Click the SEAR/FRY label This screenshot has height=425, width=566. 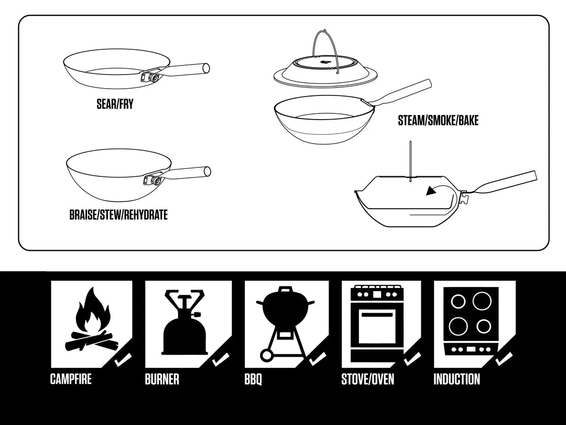coord(115,104)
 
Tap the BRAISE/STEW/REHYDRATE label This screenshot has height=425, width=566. coord(118,215)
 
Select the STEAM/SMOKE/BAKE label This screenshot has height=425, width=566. coord(438,121)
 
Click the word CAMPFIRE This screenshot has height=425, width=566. coord(71,379)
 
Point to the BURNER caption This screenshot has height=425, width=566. coord(162,379)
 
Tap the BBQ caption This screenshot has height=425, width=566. coord(253,379)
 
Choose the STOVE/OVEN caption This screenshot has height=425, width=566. coord(367,379)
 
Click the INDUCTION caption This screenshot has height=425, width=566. coord(456,379)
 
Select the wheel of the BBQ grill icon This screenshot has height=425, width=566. coord(266,356)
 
